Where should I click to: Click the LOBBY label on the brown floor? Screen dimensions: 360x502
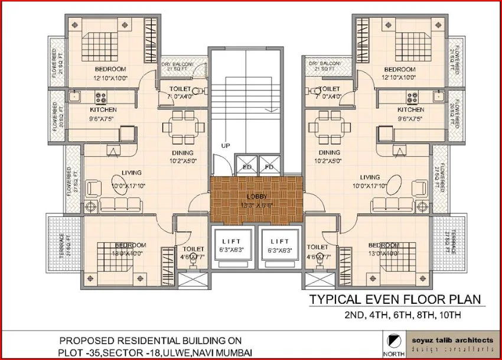(256, 196)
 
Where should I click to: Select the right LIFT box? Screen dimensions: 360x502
(279, 245)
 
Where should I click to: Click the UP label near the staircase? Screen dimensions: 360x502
(225, 145)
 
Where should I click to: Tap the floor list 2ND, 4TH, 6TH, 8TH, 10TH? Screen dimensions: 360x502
(399, 316)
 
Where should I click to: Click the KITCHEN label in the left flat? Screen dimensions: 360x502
(103, 110)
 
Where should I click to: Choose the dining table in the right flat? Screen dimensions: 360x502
(328, 126)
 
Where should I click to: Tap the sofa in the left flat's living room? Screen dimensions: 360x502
(120, 205)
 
